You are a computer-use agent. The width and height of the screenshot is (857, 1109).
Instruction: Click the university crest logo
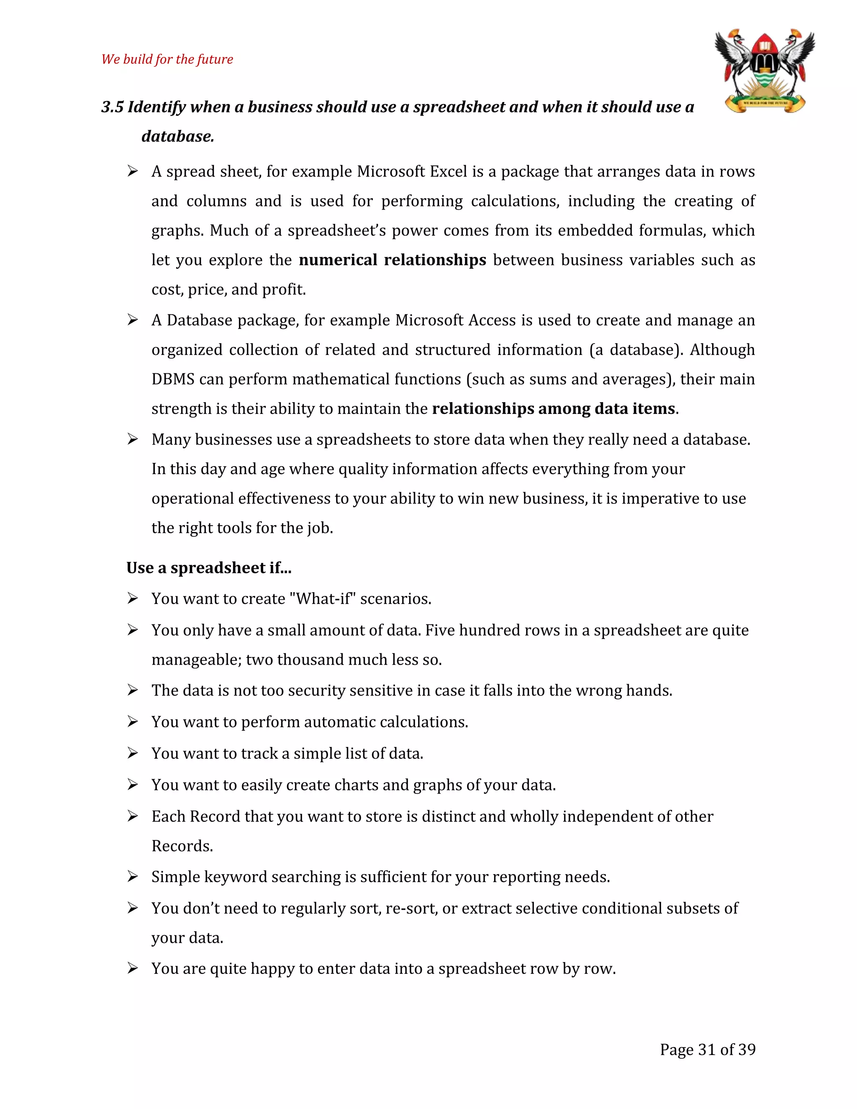(765, 71)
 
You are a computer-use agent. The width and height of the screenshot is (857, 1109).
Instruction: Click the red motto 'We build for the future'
(167, 59)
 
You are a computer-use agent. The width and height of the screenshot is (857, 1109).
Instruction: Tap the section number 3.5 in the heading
(112, 107)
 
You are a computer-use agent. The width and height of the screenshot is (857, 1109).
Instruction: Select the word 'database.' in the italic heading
(178, 136)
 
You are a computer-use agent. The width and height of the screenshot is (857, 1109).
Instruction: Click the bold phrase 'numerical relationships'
(392, 260)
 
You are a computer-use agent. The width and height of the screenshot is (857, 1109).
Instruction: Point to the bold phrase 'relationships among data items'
(553, 409)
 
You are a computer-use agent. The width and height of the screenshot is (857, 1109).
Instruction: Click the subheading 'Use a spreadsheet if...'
(209, 568)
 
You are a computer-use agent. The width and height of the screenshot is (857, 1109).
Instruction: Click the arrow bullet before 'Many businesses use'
(133, 439)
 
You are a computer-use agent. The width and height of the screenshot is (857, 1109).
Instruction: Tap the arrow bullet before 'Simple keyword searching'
(133, 877)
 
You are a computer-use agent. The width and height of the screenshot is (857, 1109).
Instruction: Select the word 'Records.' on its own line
(182, 846)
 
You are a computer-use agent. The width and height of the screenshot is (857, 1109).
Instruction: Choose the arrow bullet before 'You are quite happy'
(133, 969)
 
